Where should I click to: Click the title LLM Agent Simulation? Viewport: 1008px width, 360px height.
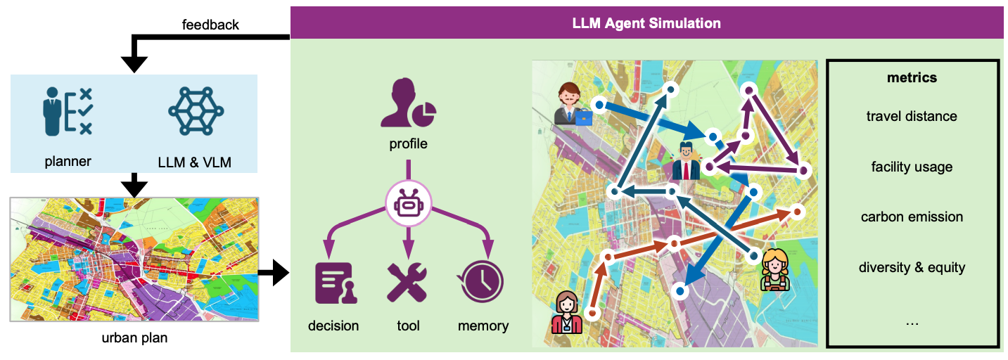(x=646, y=23)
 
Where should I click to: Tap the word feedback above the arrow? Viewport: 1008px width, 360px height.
(x=210, y=25)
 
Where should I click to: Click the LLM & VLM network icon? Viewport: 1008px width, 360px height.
(x=196, y=111)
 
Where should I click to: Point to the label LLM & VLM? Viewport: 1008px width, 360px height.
(x=196, y=162)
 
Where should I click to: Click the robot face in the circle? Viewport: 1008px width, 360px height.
(x=408, y=205)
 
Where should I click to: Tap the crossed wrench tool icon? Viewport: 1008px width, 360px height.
(x=408, y=282)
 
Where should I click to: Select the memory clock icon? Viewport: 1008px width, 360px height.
(x=482, y=282)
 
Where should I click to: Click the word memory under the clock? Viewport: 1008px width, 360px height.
(x=483, y=326)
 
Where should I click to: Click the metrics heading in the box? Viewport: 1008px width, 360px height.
(x=912, y=77)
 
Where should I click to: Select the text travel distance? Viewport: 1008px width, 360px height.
(x=912, y=116)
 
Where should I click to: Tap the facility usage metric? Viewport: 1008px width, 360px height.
(x=912, y=167)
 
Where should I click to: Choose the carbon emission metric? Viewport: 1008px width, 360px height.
(x=912, y=217)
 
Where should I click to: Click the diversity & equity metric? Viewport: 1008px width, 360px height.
(x=912, y=267)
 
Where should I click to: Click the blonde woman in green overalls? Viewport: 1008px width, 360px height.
(x=774, y=270)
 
